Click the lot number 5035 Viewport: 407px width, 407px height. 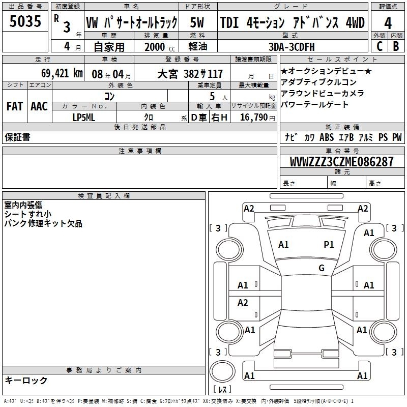(x=25, y=21)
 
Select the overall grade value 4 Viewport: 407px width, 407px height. (x=388, y=23)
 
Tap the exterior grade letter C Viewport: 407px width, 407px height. (x=380, y=46)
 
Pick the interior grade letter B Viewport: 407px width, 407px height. (x=396, y=46)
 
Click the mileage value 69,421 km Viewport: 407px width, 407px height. (x=62, y=73)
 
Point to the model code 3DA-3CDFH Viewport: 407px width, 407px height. (x=292, y=47)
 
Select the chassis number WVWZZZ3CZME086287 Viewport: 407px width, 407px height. (x=341, y=162)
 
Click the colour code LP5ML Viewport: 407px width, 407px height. (x=84, y=118)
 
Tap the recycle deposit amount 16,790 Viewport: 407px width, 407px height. (x=254, y=118)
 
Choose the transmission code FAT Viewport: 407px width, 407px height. (x=15, y=106)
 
